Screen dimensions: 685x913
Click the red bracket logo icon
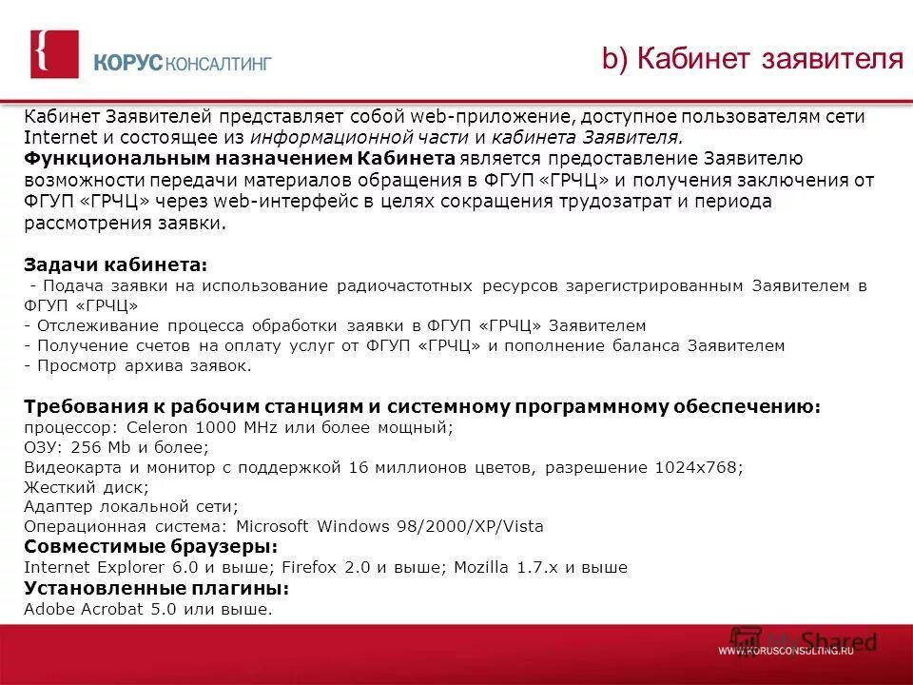54,54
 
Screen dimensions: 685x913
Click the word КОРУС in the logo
129,64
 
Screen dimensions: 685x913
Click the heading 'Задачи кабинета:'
115,264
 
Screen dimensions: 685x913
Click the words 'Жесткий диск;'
87,487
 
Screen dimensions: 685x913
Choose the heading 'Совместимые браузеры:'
150,547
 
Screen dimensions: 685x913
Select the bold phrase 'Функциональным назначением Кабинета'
239,157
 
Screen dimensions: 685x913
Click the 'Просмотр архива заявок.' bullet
139,365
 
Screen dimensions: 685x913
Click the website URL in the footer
786,651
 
